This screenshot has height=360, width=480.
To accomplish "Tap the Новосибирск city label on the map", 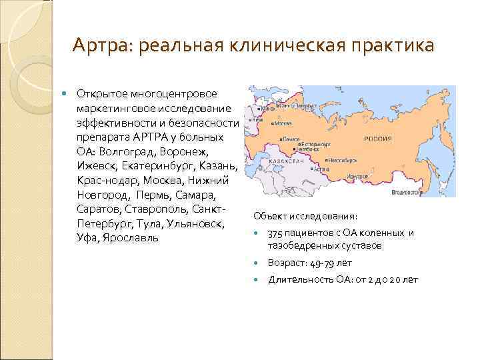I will (x=341, y=161).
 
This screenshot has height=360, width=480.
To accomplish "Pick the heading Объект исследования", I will (x=305, y=217).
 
